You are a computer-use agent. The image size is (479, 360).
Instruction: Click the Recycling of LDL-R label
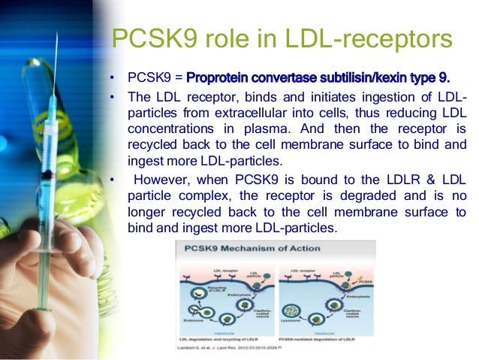191,289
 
